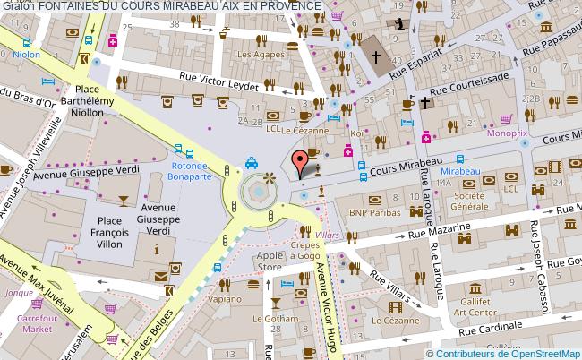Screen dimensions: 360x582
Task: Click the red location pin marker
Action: click(302, 163)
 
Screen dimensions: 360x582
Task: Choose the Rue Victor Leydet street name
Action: click(220, 81)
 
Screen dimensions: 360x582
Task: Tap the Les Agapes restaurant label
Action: click(254, 54)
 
